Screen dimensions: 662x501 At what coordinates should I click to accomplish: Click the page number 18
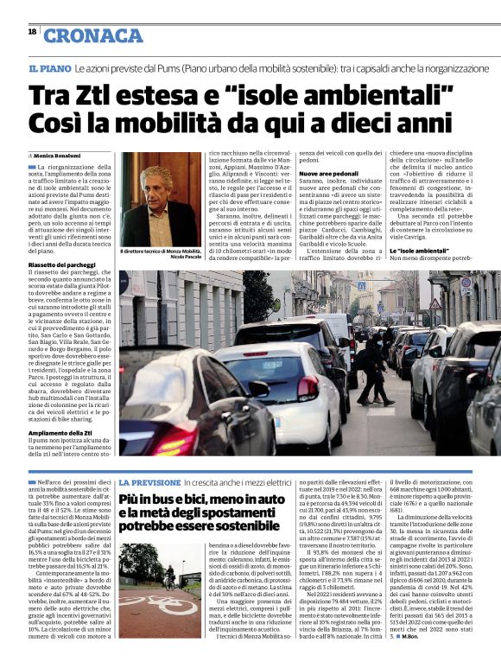tap(32, 31)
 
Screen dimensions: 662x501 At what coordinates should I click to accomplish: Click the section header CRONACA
tap(92, 35)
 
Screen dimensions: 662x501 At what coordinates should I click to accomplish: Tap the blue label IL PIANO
tap(48, 67)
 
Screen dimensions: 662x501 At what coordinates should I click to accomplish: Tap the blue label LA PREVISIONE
tap(149, 481)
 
